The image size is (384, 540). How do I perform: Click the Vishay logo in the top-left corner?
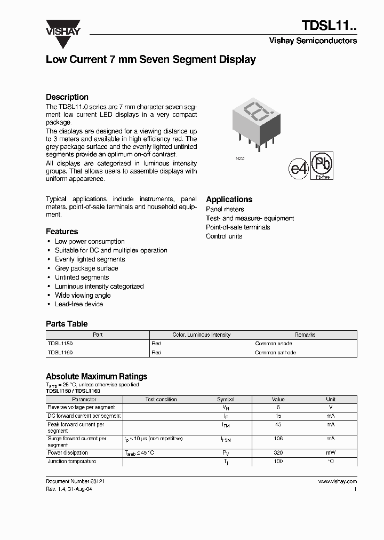coord(62,27)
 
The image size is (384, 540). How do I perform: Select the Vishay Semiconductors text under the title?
coord(313,41)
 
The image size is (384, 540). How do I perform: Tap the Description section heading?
coord(67,97)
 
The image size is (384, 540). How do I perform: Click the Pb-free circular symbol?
coord(323,165)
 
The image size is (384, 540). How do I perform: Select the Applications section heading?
coord(229,199)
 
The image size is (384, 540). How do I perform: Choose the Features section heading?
coord(62,232)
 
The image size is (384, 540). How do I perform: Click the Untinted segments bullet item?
coord(82,277)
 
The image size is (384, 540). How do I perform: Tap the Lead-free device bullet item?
coord(79,304)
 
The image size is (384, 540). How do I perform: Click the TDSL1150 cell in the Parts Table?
coord(60,344)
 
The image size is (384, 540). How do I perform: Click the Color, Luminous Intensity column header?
coord(202,335)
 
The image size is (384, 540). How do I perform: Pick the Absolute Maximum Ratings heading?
coord(97,376)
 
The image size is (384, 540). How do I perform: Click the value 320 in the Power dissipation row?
coord(278,452)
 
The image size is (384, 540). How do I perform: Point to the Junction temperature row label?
coord(72,462)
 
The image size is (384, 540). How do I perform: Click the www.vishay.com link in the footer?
coord(337,481)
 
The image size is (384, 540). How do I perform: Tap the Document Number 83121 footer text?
coord(75,481)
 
